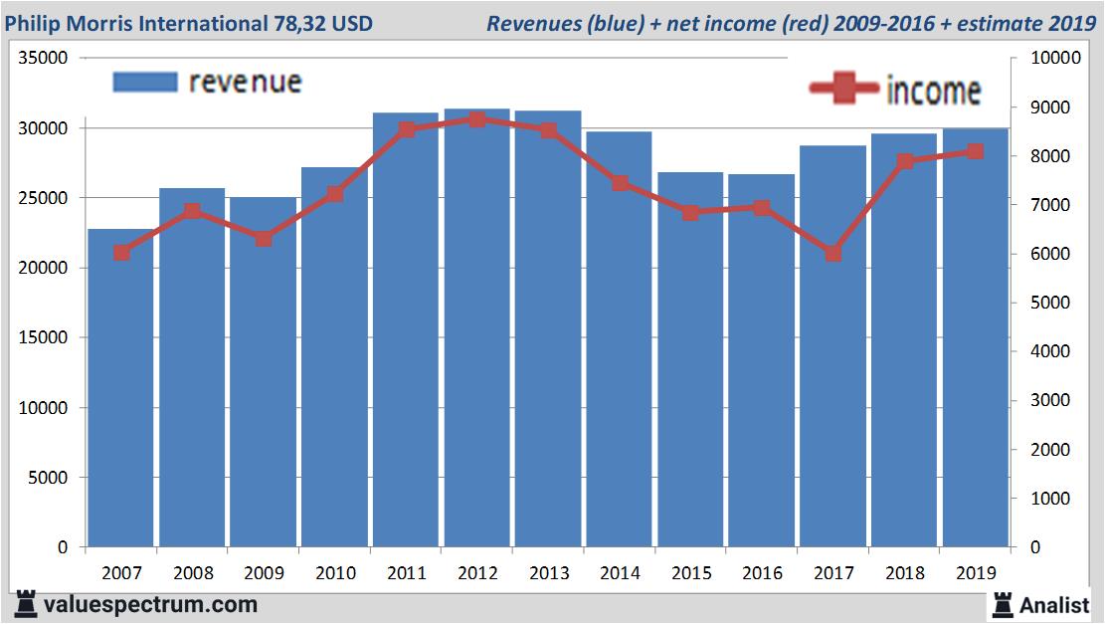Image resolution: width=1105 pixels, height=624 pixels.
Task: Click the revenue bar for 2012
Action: click(x=476, y=328)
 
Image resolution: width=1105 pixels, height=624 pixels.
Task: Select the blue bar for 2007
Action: click(x=120, y=388)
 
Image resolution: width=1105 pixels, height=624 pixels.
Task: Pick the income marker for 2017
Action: click(x=833, y=253)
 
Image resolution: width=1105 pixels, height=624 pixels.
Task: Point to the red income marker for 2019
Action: click(x=976, y=151)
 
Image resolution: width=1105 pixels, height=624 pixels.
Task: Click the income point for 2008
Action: click(x=192, y=211)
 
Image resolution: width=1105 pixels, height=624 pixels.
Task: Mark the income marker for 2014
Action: click(x=620, y=183)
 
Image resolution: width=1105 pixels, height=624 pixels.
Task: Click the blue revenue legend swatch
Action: click(x=145, y=82)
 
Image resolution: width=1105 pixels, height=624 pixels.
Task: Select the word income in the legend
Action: click(x=933, y=91)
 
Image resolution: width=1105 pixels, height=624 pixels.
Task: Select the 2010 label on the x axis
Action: click(x=334, y=573)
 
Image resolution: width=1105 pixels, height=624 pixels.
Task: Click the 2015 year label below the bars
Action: click(x=690, y=573)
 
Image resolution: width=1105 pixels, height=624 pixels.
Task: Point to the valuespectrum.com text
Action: click(x=150, y=604)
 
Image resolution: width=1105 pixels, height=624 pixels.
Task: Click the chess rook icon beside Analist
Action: click(x=1003, y=604)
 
